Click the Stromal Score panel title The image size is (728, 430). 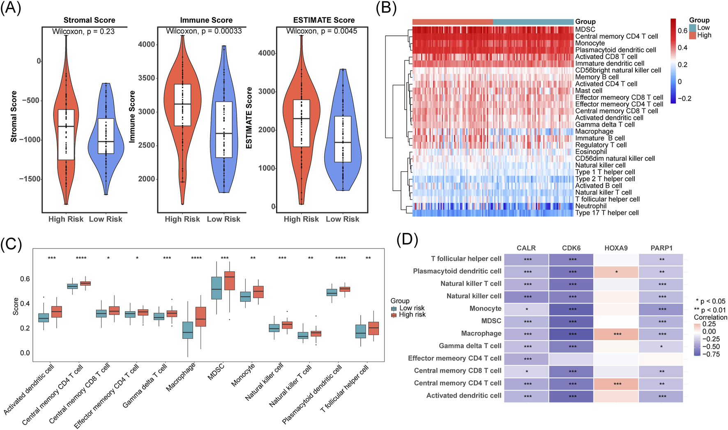[x=89, y=20]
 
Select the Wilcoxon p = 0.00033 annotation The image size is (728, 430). [x=204, y=31]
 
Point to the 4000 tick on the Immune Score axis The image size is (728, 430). [x=146, y=44]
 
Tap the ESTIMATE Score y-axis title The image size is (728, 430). [x=249, y=118]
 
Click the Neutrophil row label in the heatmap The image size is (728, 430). [x=591, y=206]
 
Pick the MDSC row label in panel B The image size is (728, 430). [x=585, y=30]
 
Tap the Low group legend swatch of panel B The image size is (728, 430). [x=693, y=28]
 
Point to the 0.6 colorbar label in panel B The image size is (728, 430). [x=682, y=31]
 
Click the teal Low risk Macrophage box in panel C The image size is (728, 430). [x=188, y=330]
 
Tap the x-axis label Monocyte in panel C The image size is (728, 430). [x=243, y=375]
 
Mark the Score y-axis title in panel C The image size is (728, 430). [x=16, y=306]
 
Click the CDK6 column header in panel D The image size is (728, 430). [x=571, y=248]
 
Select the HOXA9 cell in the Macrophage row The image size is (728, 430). [x=616, y=334]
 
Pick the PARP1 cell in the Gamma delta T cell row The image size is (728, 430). [x=661, y=346]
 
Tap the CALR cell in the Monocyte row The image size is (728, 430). [x=526, y=309]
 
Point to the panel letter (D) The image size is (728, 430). [x=407, y=239]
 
